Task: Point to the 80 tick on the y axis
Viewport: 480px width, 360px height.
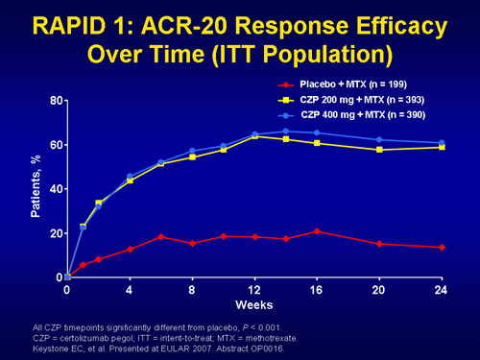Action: pos(56,101)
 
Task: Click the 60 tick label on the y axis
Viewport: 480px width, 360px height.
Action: pos(56,145)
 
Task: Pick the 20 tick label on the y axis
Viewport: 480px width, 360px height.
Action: pos(56,233)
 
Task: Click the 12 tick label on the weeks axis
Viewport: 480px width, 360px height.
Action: pos(254,289)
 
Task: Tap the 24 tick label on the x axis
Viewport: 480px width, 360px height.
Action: pos(441,289)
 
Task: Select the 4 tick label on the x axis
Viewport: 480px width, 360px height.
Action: pos(130,289)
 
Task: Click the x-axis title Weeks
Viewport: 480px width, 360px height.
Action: pos(254,304)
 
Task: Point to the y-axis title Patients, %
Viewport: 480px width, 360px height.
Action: pos(33,189)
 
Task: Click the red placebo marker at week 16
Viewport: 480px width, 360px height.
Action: pos(317,231)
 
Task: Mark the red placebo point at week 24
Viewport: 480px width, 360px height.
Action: pos(441,248)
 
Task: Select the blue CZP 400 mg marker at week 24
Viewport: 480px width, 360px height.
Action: pos(441,143)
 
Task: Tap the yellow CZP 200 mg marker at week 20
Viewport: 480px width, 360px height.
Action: pos(379,150)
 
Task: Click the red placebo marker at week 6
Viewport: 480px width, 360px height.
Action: pos(161,236)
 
